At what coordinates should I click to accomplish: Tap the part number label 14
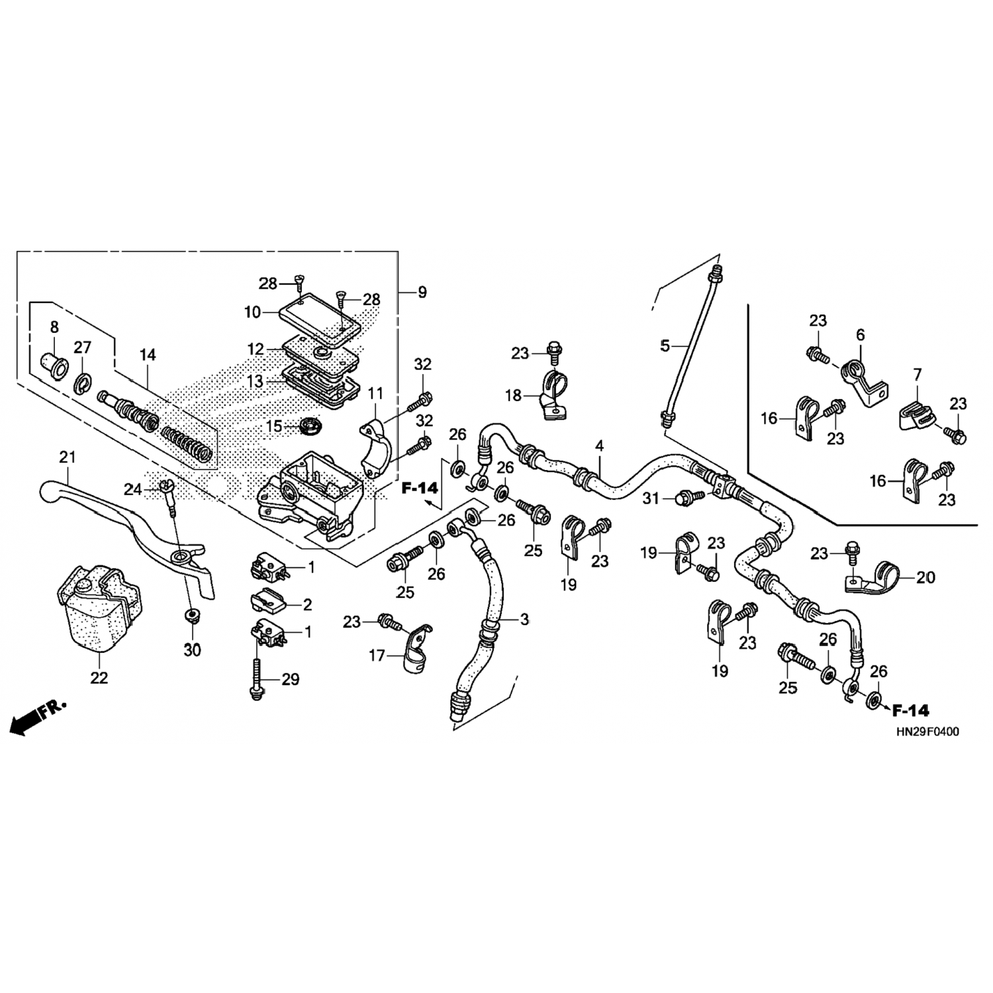pyautogui.click(x=148, y=355)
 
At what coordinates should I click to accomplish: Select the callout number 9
pyautogui.click(x=422, y=292)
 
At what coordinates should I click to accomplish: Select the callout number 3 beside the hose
pyautogui.click(x=524, y=620)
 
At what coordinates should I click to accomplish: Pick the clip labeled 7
pyautogui.click(x=916, y=416)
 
